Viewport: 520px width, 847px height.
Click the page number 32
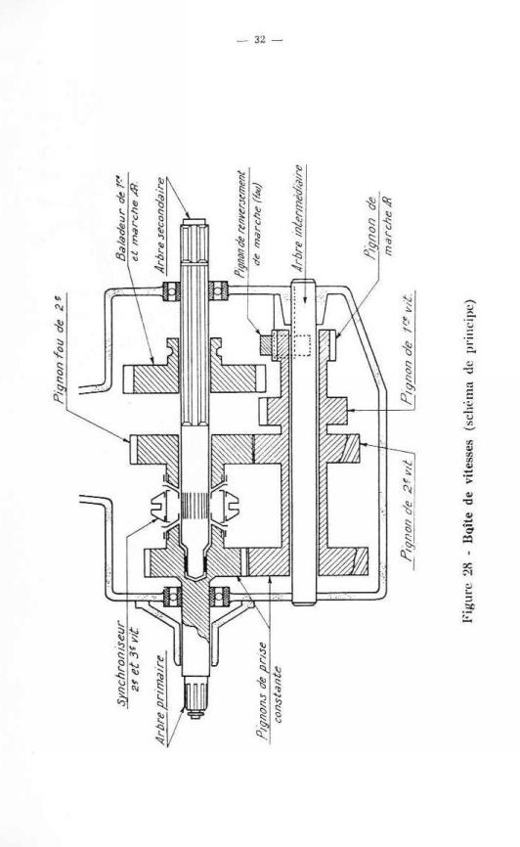click(x=260, y=39)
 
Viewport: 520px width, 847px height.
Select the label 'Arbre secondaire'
click(x=161, y=225)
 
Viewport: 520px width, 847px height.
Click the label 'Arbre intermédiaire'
click(x=297, y=218)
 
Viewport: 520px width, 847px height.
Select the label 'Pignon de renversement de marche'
click(x=248, y=224)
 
